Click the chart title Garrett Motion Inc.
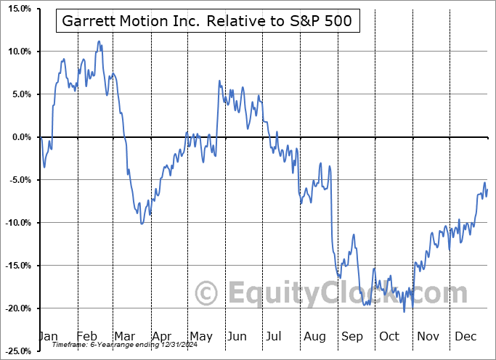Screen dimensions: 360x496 point(206,21)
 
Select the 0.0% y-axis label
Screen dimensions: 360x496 point(19,137)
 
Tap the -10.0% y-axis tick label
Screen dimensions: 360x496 point(16,223)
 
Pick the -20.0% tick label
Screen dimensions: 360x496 point(16,308)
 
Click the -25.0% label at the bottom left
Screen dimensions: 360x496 point(16,351)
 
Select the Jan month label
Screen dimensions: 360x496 point(47,336)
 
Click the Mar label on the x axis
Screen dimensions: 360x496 point(124,336)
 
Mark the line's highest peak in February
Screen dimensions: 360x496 point(99,42)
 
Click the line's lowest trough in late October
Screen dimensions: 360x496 point(404,312)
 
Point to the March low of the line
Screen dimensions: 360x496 point(142,224)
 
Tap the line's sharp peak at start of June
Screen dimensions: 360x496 point(219,81)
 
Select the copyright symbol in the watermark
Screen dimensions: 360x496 point(207,293)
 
